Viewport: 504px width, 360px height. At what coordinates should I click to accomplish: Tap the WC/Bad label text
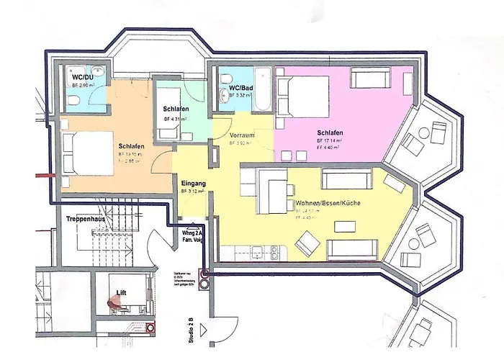(240, 89)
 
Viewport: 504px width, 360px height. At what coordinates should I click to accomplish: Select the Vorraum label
(242, 135)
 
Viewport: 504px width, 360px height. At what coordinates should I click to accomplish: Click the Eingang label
(194, 183)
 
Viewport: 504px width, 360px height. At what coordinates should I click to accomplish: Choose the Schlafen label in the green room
(176, 109)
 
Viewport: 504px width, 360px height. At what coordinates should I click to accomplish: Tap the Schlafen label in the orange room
(132, 146)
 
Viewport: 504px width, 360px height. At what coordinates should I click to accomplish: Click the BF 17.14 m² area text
(329, 142)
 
